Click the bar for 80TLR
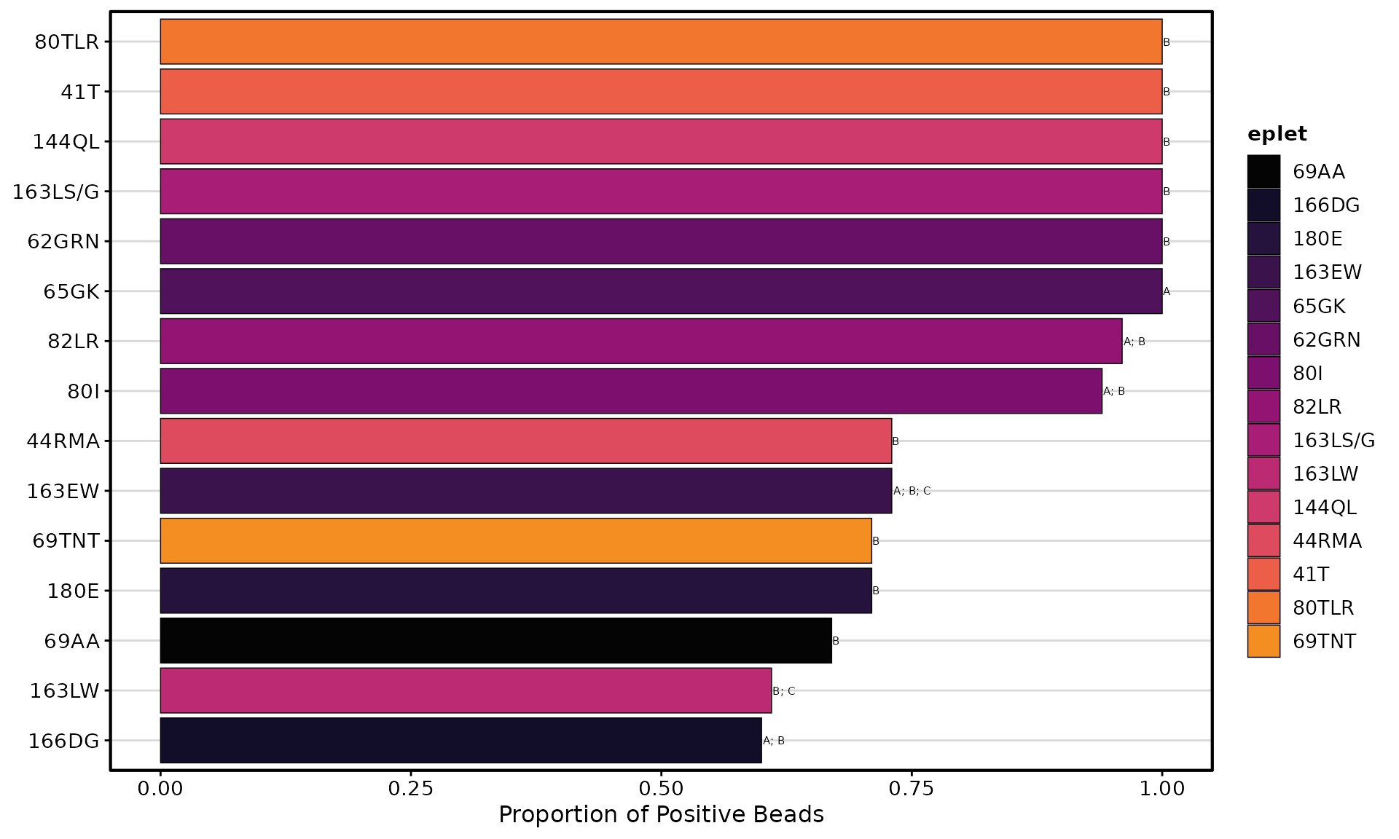661,42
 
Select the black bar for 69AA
495,640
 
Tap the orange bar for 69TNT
516,540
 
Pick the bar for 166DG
461,740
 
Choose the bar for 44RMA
526,441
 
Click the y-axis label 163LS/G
56,192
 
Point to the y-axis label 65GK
71,291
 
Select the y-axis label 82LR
74,341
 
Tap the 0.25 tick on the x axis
411,788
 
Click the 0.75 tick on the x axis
912,788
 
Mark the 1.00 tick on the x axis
1162,788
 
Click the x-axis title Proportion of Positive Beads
661,814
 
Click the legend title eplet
1277,134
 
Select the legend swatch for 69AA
1263,172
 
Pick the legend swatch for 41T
1263,574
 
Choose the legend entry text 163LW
1325,474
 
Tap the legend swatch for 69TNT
1263,641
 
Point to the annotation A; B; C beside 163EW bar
912,491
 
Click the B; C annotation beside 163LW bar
784,690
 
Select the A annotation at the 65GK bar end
1167,291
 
